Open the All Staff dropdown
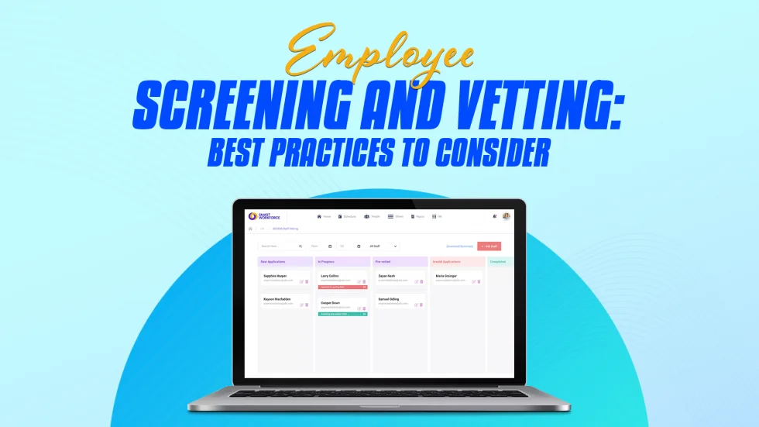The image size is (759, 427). [x=383, y=246]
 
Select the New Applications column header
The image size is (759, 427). [x=274, y=262]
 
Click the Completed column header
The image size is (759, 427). [x=498, y=262]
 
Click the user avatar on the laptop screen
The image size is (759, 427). [x=507, y=216]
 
